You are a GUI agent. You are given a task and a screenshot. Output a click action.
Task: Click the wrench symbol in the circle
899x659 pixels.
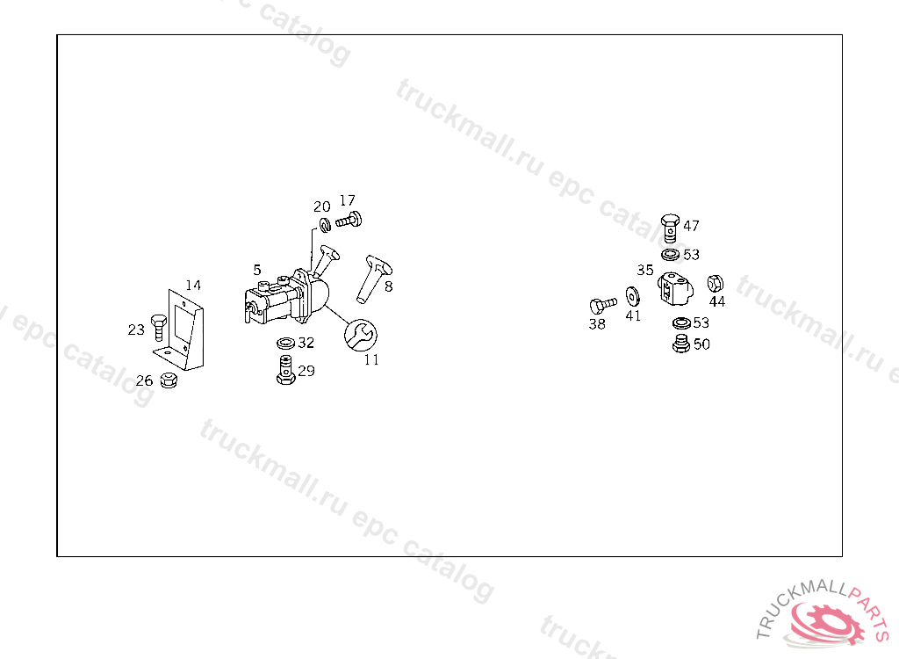(361, 335)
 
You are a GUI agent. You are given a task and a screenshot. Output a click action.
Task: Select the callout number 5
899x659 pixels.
(257, 270)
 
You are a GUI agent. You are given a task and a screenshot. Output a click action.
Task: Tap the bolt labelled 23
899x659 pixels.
(158, 327)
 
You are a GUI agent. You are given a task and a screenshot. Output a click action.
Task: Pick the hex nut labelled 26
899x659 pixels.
(169, 380)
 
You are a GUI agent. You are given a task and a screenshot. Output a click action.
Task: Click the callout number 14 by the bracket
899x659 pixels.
(193, 286)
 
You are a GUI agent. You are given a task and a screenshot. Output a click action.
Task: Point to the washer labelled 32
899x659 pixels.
(285, 344)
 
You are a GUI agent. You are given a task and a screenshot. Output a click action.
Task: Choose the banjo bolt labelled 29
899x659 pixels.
(285, 370)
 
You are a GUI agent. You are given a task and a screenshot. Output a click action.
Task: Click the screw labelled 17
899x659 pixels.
(349, 220)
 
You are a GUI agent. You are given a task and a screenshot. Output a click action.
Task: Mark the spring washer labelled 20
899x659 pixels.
(325, 225)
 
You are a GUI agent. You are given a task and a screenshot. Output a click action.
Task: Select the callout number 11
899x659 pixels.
(371, 360)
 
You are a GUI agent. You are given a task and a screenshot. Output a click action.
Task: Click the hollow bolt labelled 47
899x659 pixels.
(670, 228)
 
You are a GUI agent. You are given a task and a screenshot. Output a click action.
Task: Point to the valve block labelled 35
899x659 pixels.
(675, 289)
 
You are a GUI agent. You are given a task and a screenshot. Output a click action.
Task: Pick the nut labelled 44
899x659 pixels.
(715, 284)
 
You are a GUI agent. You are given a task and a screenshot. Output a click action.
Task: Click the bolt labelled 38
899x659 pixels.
(603, 305)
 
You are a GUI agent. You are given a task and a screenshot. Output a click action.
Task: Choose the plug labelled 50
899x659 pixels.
(681, 344)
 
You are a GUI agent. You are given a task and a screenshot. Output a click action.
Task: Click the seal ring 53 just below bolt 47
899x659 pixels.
(670, 254)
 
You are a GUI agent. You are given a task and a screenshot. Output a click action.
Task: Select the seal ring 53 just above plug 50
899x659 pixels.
(681, 323)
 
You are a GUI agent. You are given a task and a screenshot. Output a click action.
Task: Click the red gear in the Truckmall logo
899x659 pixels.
(830, 622)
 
